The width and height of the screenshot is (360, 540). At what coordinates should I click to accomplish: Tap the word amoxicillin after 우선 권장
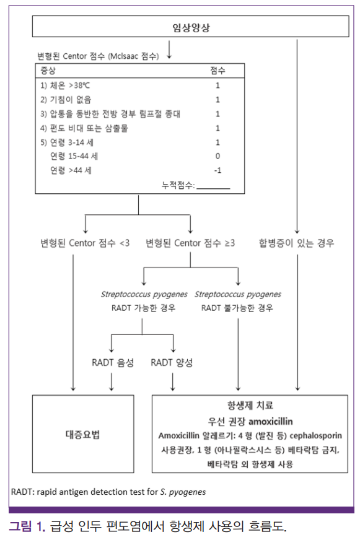point(271,421)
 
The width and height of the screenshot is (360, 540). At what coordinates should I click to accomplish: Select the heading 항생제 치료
point(250,406)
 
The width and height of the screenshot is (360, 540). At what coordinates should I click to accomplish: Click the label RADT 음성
point(113,363)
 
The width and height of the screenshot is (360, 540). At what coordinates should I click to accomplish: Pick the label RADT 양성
point(172,363)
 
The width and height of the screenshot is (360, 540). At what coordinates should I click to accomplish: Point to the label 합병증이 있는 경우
point(297,243)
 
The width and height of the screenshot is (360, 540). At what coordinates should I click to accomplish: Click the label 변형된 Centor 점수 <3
point(85,243)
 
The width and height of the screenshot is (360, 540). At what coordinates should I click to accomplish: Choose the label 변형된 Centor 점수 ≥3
point(190,243)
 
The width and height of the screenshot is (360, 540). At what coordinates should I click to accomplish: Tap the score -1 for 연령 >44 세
point(217,170)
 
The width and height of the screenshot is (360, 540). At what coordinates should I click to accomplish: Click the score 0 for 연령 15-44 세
point(217,156)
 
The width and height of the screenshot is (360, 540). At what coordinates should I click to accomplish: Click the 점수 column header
point(217,71)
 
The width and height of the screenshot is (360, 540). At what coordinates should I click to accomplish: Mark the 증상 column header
point(48,71)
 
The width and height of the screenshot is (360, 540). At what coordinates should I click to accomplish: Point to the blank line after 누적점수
point(213,188)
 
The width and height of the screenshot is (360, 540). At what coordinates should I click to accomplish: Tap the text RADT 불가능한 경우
point(237,308)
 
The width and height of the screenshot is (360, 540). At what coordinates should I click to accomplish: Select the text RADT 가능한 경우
point(144,308)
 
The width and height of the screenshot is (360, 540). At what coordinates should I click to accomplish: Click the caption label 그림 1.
point(27,526)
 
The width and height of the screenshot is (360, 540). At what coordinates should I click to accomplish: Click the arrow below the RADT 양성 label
point(173,382)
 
